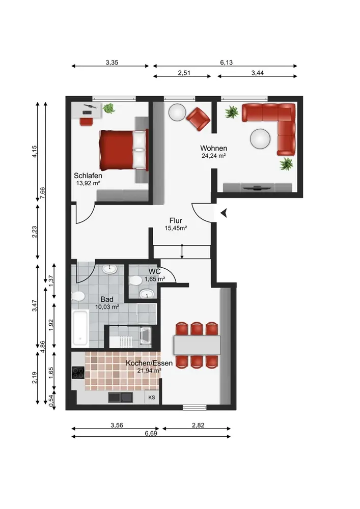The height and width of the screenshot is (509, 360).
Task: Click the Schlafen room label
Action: click(x=88, y=176)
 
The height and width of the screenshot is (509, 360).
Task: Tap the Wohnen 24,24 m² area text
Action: click(x=213, y=155)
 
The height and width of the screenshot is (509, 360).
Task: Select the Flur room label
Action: click(x=176, y=221)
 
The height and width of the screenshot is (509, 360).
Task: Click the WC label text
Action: click(x=154, y=271)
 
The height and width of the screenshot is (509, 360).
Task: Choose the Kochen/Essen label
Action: click(x=149, y=363)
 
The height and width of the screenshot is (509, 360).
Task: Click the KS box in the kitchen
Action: click(x=152, y=398)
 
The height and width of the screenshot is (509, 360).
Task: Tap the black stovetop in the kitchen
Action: click(x=78, y=373)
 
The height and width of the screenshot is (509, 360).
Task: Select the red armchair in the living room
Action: click(x=198, y=119)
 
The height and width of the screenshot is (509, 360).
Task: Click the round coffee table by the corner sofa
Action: click(x=260, y=139)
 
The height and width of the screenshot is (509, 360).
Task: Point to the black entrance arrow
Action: click(x=224, y=213)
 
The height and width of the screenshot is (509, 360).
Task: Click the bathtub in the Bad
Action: click(x=80, y=327)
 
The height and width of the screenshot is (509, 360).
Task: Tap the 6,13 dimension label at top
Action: click(x=226, y=63)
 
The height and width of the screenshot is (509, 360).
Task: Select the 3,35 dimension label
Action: click(x=112, y=63)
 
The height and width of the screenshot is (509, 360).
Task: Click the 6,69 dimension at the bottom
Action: click(x=151, y=433)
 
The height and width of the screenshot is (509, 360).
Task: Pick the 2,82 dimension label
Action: click(x=198, y=425)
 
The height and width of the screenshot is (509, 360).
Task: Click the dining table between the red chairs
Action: click(x=197, y=345)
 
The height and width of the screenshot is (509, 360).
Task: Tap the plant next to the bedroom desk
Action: click(x=109, y=108)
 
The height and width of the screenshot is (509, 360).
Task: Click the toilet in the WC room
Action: click(x=135, y=280)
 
